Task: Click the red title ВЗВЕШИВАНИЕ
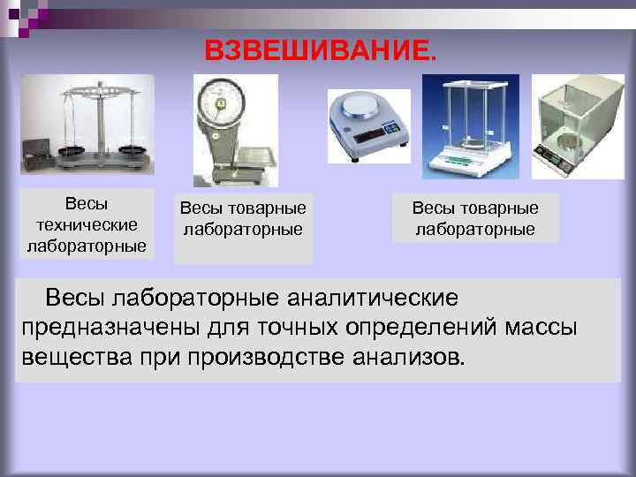320,50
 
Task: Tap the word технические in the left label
86,224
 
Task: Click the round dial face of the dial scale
217,103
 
